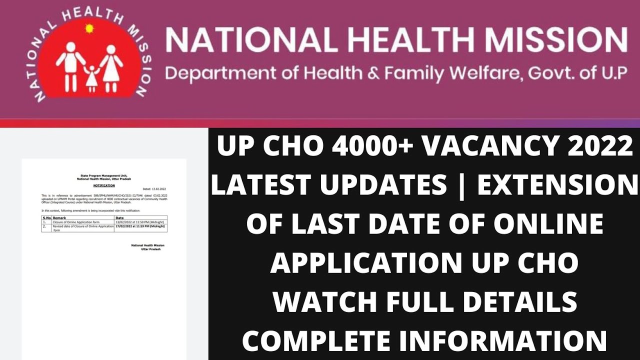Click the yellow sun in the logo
(x=90, y=28)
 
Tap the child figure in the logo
(x=91, y=77)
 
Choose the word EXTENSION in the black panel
(x=556, y=186)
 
